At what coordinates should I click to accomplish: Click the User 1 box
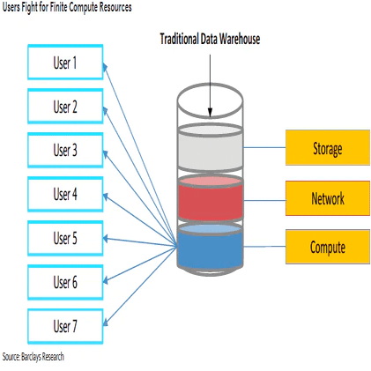coord(65,63)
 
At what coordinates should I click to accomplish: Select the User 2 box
coord(65,107)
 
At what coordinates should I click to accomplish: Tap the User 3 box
coord(65,150)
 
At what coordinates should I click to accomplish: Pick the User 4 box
coord(65,194)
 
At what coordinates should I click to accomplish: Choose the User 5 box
coord(65,238)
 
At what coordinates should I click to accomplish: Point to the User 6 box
coord(65,282)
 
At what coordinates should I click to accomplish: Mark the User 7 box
coord(65,326)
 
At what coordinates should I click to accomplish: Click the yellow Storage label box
coord(327,148)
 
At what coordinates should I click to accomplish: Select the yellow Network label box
coord(327,197)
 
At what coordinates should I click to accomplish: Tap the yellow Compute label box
coord(327,247)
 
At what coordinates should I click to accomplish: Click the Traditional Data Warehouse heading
coord(210,40)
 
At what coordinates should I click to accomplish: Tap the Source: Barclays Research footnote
coord(33,357)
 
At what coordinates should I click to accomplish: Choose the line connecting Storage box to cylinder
coord(263,148)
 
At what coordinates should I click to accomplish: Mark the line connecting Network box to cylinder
coord(263,197)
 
